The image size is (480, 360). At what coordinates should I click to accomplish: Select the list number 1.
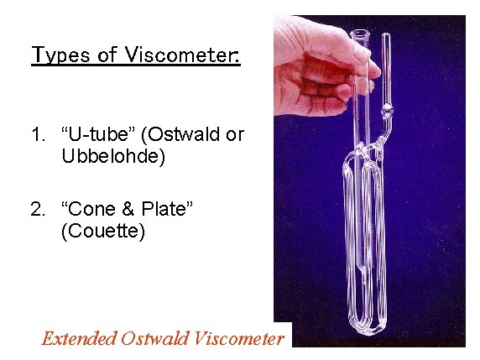point(36,134)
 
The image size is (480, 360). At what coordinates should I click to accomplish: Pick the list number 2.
point(36,209)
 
